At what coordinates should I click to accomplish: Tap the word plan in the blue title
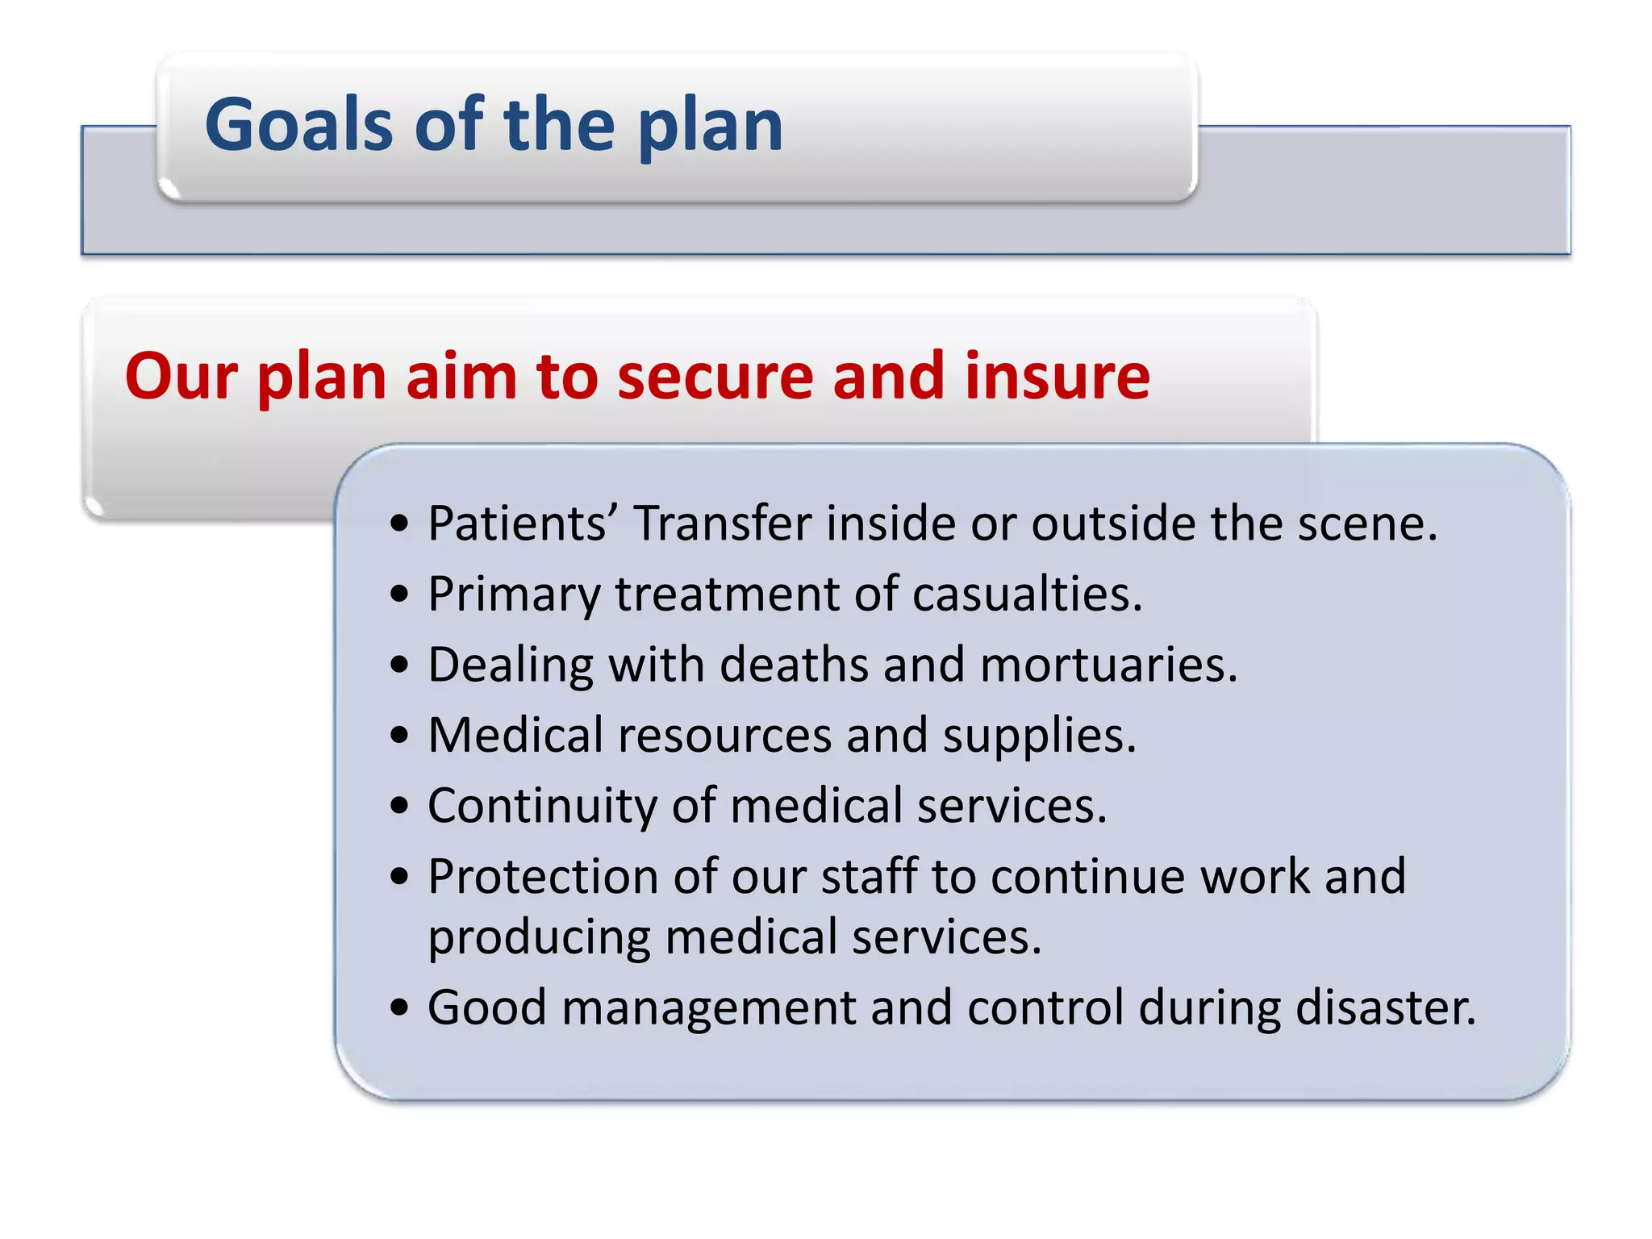pyautogui.click(x=710, y=129)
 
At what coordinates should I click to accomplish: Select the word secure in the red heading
pyautogui.click(x=718, y=378)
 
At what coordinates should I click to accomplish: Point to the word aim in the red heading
pyautogui.click(x=461, y=376)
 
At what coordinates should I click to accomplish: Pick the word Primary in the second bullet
pyautogui.click(x=515, y=595)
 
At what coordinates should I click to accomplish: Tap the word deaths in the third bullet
pyautogui.click(x=794, y=665)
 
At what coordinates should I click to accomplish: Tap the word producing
pyautogui.click(x=539, y=938)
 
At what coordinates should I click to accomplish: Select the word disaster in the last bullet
pyautogui.click(x=1385, y=1007)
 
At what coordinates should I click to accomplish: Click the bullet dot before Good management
pyautogui.click(x=399, y=1007)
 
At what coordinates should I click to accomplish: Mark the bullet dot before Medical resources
pyautogui.click(x=399, y=736)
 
